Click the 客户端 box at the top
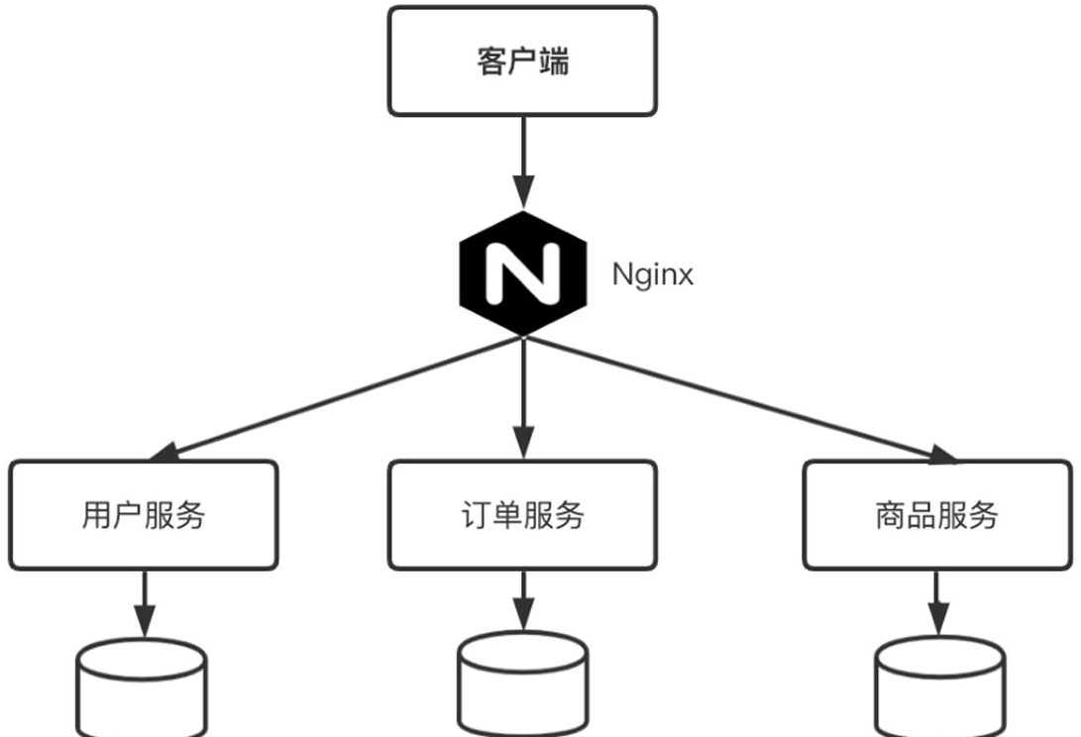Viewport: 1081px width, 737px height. tap(522, 61)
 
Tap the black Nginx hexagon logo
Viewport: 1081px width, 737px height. tap(521, 272)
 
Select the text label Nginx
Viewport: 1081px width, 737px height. tap(652, 273)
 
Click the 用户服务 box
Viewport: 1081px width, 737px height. tap(144, 515)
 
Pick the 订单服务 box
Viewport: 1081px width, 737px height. tap(522, 515)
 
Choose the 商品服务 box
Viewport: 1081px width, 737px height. tap(936, 515)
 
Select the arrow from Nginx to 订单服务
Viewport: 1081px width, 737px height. tap(522, 396)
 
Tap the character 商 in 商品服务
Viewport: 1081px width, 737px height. tap(891, 516)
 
